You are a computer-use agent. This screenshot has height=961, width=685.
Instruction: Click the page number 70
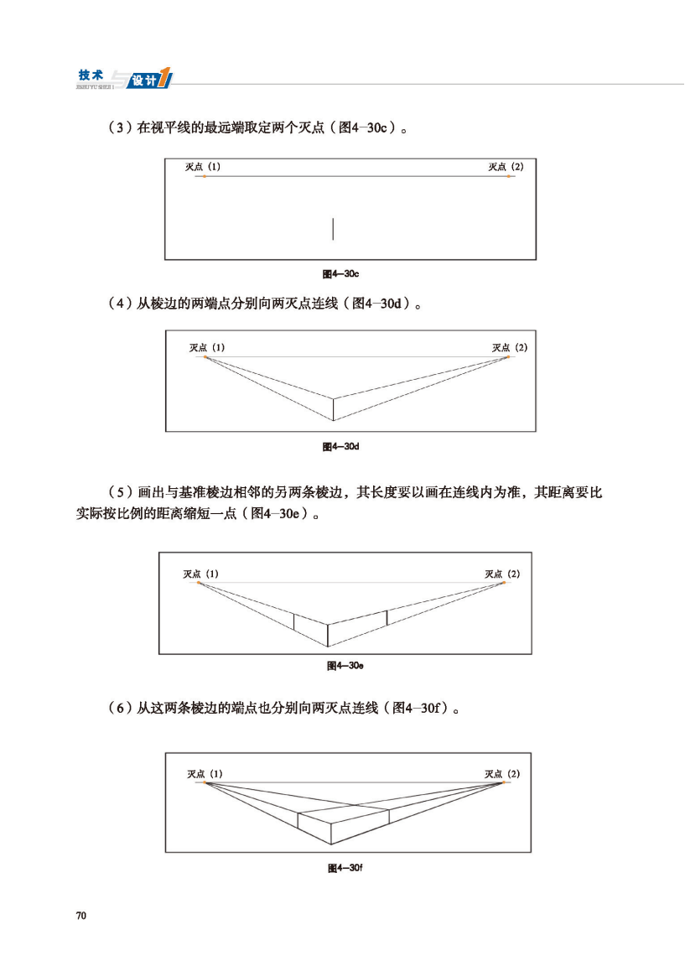81,914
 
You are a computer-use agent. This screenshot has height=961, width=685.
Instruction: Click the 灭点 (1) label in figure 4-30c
203,167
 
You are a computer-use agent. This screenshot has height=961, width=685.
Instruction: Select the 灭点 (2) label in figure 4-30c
506,167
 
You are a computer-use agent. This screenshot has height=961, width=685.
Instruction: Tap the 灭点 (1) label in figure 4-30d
207,347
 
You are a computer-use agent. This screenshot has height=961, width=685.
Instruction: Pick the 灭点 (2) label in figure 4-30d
510,347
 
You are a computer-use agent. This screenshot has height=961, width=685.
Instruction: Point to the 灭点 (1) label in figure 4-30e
201,574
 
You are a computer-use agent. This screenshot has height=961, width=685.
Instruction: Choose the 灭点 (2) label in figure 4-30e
502,574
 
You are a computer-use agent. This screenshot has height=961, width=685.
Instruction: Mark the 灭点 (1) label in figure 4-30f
205,773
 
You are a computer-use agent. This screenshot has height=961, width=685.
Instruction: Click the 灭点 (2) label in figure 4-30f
502,773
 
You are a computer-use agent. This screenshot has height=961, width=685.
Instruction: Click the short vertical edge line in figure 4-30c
333,229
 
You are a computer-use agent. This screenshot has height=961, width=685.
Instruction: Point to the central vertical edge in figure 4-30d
334,409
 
